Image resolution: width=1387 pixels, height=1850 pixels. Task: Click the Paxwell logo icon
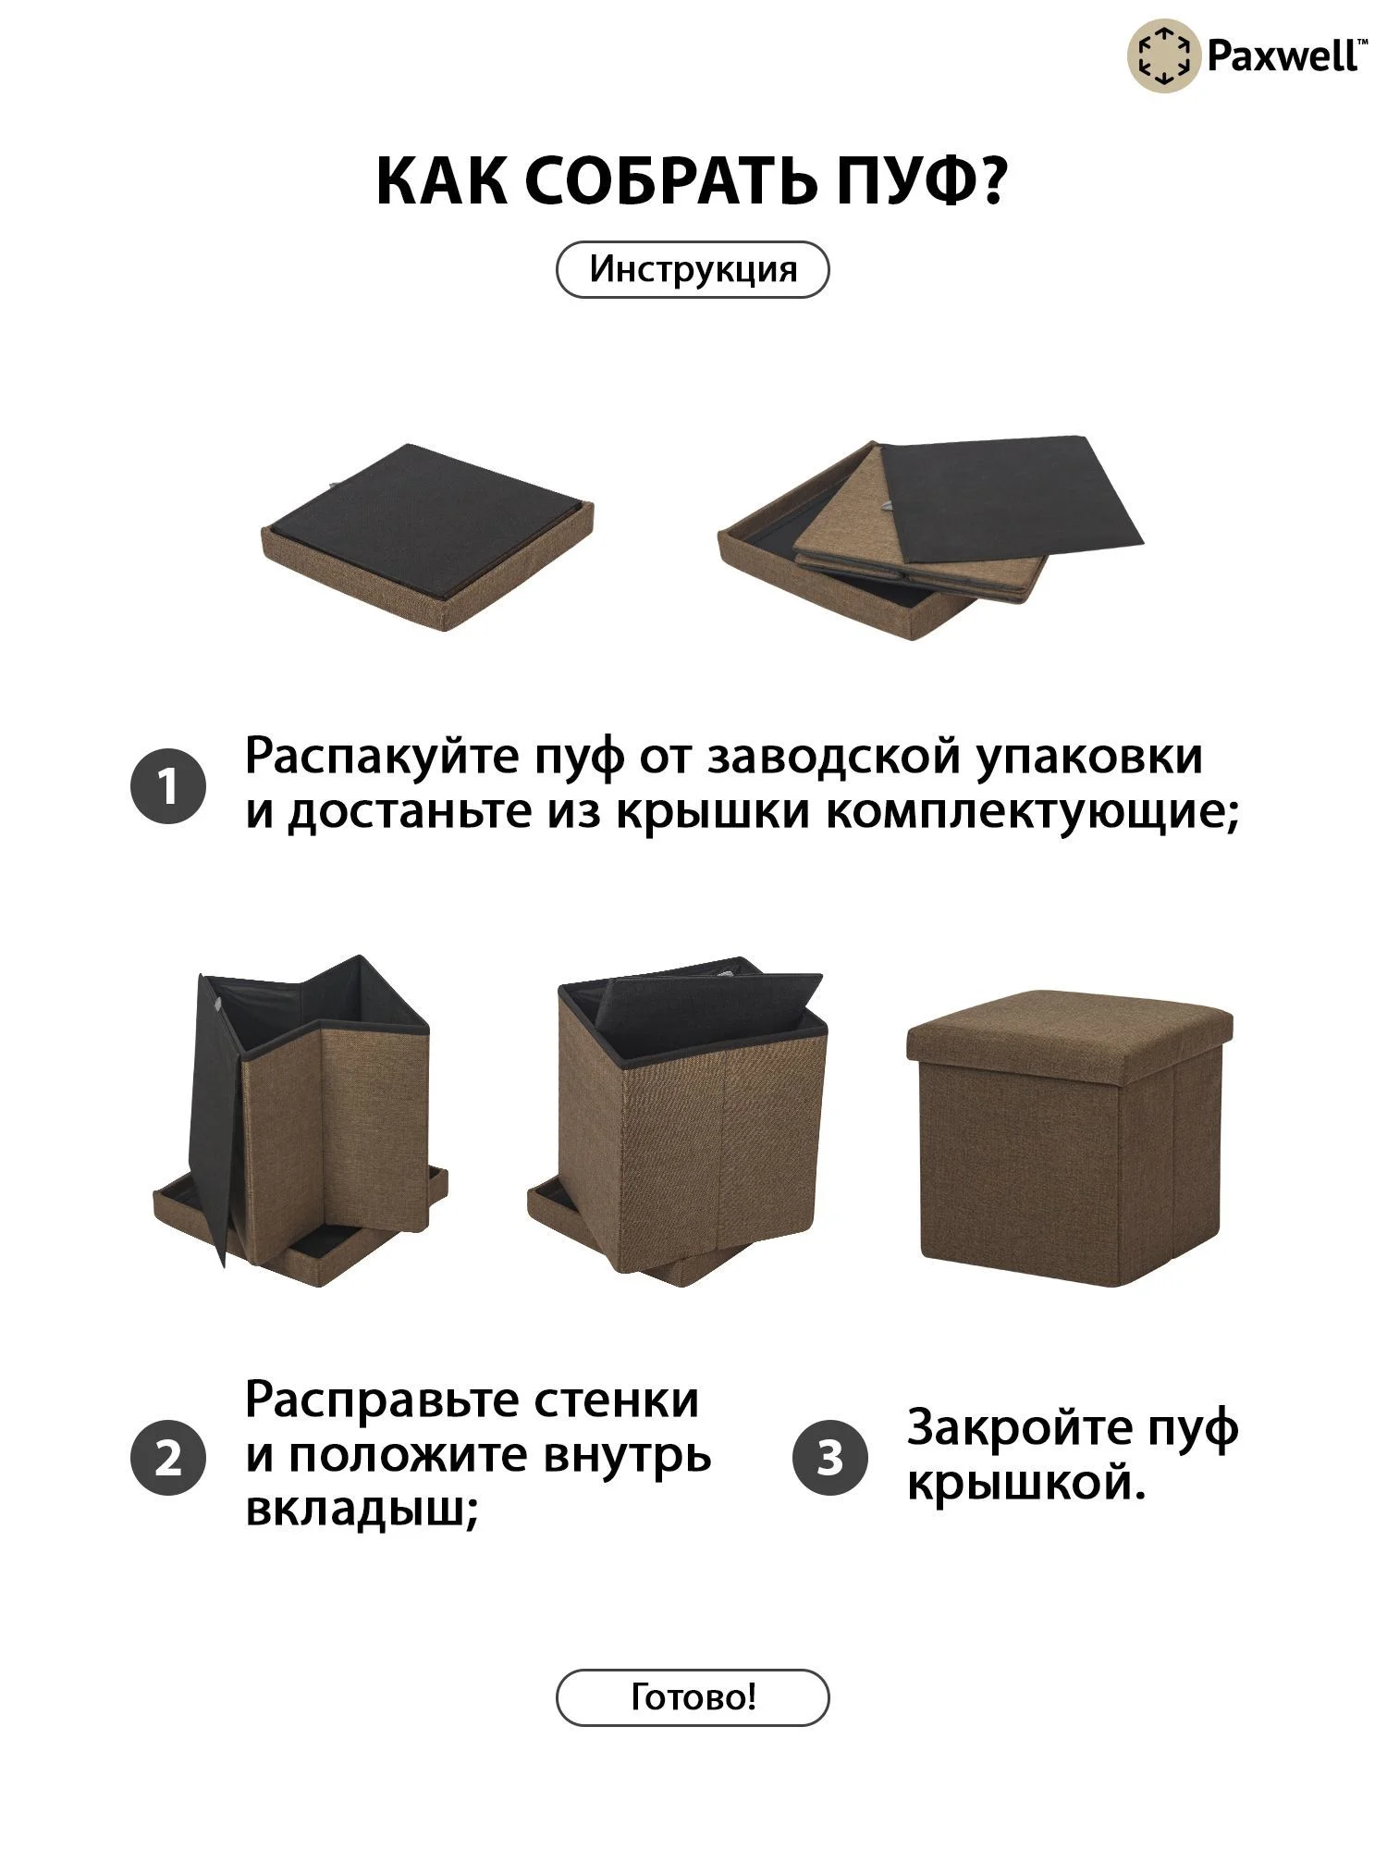click(1163, 56)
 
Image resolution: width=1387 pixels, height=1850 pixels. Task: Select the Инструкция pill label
click(693, 269)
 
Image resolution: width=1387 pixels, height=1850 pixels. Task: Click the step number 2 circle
click(167, 1458)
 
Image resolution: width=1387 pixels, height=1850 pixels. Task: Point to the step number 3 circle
click(830, 1458)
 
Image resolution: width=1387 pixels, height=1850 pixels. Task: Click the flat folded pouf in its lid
click(428, 536)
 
